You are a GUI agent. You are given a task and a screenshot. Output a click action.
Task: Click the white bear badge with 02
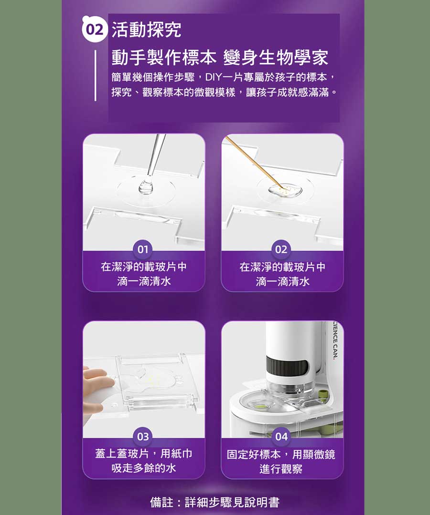(x=95, y=29)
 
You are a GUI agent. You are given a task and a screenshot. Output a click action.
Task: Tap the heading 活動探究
(x=146, y=30)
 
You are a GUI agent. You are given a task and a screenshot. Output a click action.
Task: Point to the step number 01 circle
(x=143, y=249)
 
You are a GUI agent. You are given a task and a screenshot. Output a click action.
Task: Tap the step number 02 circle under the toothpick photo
(x=281, y=249)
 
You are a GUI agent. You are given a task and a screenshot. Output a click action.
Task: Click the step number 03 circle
(x=143, y=436)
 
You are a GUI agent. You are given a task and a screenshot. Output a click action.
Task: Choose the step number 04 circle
(x=281, y=436)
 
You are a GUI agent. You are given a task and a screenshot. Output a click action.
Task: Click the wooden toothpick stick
(x=253, y=164)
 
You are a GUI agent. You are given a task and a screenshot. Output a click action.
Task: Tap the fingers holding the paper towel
(x=96, y=381)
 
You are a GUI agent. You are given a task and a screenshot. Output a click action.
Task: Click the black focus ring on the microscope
(x=287, y=366)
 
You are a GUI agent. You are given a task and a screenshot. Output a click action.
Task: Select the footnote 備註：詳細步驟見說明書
(x=215, y=502)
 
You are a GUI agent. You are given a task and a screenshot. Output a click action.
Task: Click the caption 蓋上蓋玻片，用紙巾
(x=144, y=453)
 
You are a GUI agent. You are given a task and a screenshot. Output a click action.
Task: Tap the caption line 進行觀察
(x=281, y=469)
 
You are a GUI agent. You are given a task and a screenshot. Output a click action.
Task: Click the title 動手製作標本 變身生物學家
(x=220, y=58)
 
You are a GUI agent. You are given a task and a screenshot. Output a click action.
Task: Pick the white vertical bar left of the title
(x=96, y=75)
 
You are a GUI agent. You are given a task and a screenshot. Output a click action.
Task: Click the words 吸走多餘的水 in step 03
(x=144, y=468)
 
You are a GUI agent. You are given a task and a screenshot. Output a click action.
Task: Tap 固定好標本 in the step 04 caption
(x=254, y=454)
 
